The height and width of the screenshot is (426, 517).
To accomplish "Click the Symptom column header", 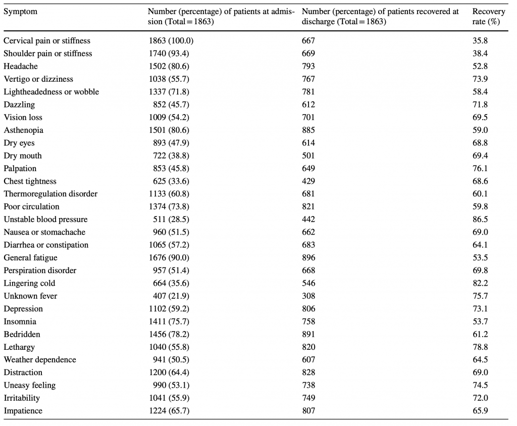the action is pos(20,12).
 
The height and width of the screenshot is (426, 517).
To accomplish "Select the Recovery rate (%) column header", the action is pos(489,17).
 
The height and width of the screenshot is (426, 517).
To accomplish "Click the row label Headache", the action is pos(20,66).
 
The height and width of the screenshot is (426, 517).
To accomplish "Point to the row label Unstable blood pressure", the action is pos(45,219).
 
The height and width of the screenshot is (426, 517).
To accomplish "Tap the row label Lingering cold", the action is pos(29,283).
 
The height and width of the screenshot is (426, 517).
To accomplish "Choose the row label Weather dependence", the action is pos(40,360).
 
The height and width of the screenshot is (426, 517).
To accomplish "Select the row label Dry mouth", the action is pos(23,155).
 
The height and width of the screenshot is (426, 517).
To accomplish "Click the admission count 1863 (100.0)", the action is pos(171,40).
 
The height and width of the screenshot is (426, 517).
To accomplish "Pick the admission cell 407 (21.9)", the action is pos(171,296).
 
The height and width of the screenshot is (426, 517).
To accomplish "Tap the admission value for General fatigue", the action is pos(169,257).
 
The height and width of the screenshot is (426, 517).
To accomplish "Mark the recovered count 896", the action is pos(308,257).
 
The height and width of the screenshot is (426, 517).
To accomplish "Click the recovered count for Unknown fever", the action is pos(308,296).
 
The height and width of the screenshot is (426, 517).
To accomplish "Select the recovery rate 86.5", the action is pos(480,219).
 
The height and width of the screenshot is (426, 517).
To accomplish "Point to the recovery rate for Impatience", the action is pos(480,411).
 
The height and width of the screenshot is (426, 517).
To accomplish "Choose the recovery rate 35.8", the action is pos(480,40).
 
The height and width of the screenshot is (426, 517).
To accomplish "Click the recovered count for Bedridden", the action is pos(308,334).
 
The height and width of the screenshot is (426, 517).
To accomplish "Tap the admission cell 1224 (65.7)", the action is pos(169,411).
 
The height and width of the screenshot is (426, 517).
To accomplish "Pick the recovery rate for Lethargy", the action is pos(480,347).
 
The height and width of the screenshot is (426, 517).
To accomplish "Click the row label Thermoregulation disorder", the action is pos(50,194).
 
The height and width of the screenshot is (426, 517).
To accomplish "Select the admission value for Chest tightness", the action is pos(171,181).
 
